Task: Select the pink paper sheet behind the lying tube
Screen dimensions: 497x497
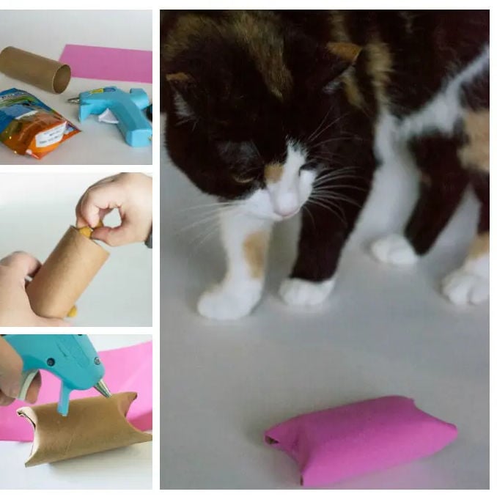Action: coord(110,63)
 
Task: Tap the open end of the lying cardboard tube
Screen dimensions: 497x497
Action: coord(62,79)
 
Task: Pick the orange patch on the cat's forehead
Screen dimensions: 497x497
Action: coord(273,172)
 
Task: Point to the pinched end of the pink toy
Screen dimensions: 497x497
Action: coord(276,438)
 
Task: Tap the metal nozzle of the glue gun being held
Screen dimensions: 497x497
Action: coord(103,388)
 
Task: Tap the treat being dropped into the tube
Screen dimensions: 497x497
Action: coord(86,232)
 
